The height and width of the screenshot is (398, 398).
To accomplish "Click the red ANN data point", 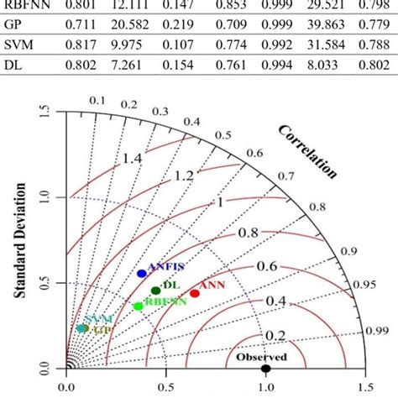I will pos(195,293).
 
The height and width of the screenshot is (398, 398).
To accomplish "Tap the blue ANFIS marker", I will pos(141,274).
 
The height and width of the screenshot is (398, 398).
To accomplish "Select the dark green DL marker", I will pos(155,291).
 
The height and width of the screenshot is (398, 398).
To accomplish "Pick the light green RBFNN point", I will pos(139,306).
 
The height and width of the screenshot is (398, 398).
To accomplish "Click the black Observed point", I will pos(265,368).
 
